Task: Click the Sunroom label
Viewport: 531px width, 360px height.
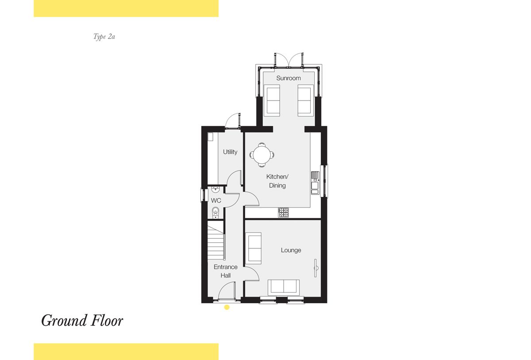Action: (x=289, y=78)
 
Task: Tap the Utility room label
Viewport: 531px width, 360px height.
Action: (x=230, y=152)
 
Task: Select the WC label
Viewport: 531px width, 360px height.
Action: (x=216, y=201)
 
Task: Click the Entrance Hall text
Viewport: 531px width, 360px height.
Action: (x=225, y=271)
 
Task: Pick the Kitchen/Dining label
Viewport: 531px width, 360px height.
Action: (x=277, y=181)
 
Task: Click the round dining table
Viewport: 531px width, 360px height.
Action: (x=262, y=155)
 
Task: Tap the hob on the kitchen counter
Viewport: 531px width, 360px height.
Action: (x=284, y=213)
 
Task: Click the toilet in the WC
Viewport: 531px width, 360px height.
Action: (x=215, y=212)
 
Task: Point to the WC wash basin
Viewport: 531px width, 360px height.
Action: (x=215, y=190)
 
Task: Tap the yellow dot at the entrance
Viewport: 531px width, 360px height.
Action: (x=227, y=307)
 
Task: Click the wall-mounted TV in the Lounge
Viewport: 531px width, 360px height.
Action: (x=316, y=268)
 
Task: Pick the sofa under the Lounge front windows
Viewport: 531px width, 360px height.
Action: (x=284, y=287)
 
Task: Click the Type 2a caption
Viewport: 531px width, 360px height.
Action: (x=104, y=37)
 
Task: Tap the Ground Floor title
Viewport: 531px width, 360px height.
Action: (x=82, y=321)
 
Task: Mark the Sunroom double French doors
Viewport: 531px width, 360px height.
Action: (x=289, y=60)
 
